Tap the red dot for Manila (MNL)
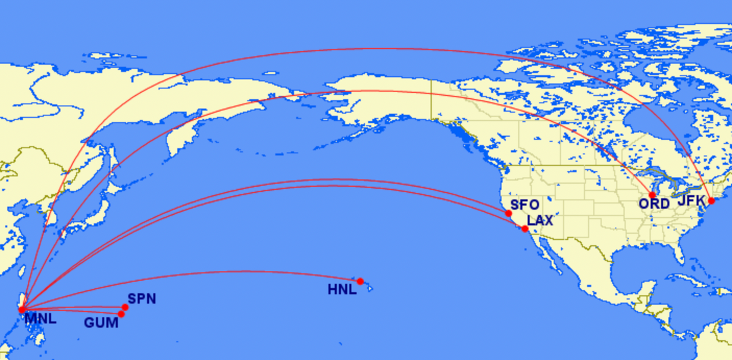point(22,310)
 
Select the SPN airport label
point(142,299)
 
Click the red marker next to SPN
point(125,308)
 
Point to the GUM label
point(101,322)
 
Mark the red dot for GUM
point(121,314)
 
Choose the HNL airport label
point(342,289)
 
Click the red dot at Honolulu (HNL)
point(360,281)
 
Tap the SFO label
point(525,206)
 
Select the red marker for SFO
point(509,214)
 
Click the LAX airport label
point(540,221)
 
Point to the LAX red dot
point(525,229)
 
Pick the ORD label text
point(654,204)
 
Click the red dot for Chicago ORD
point(652,195)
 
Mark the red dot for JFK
point(711,201)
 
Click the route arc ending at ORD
point(366,91)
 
